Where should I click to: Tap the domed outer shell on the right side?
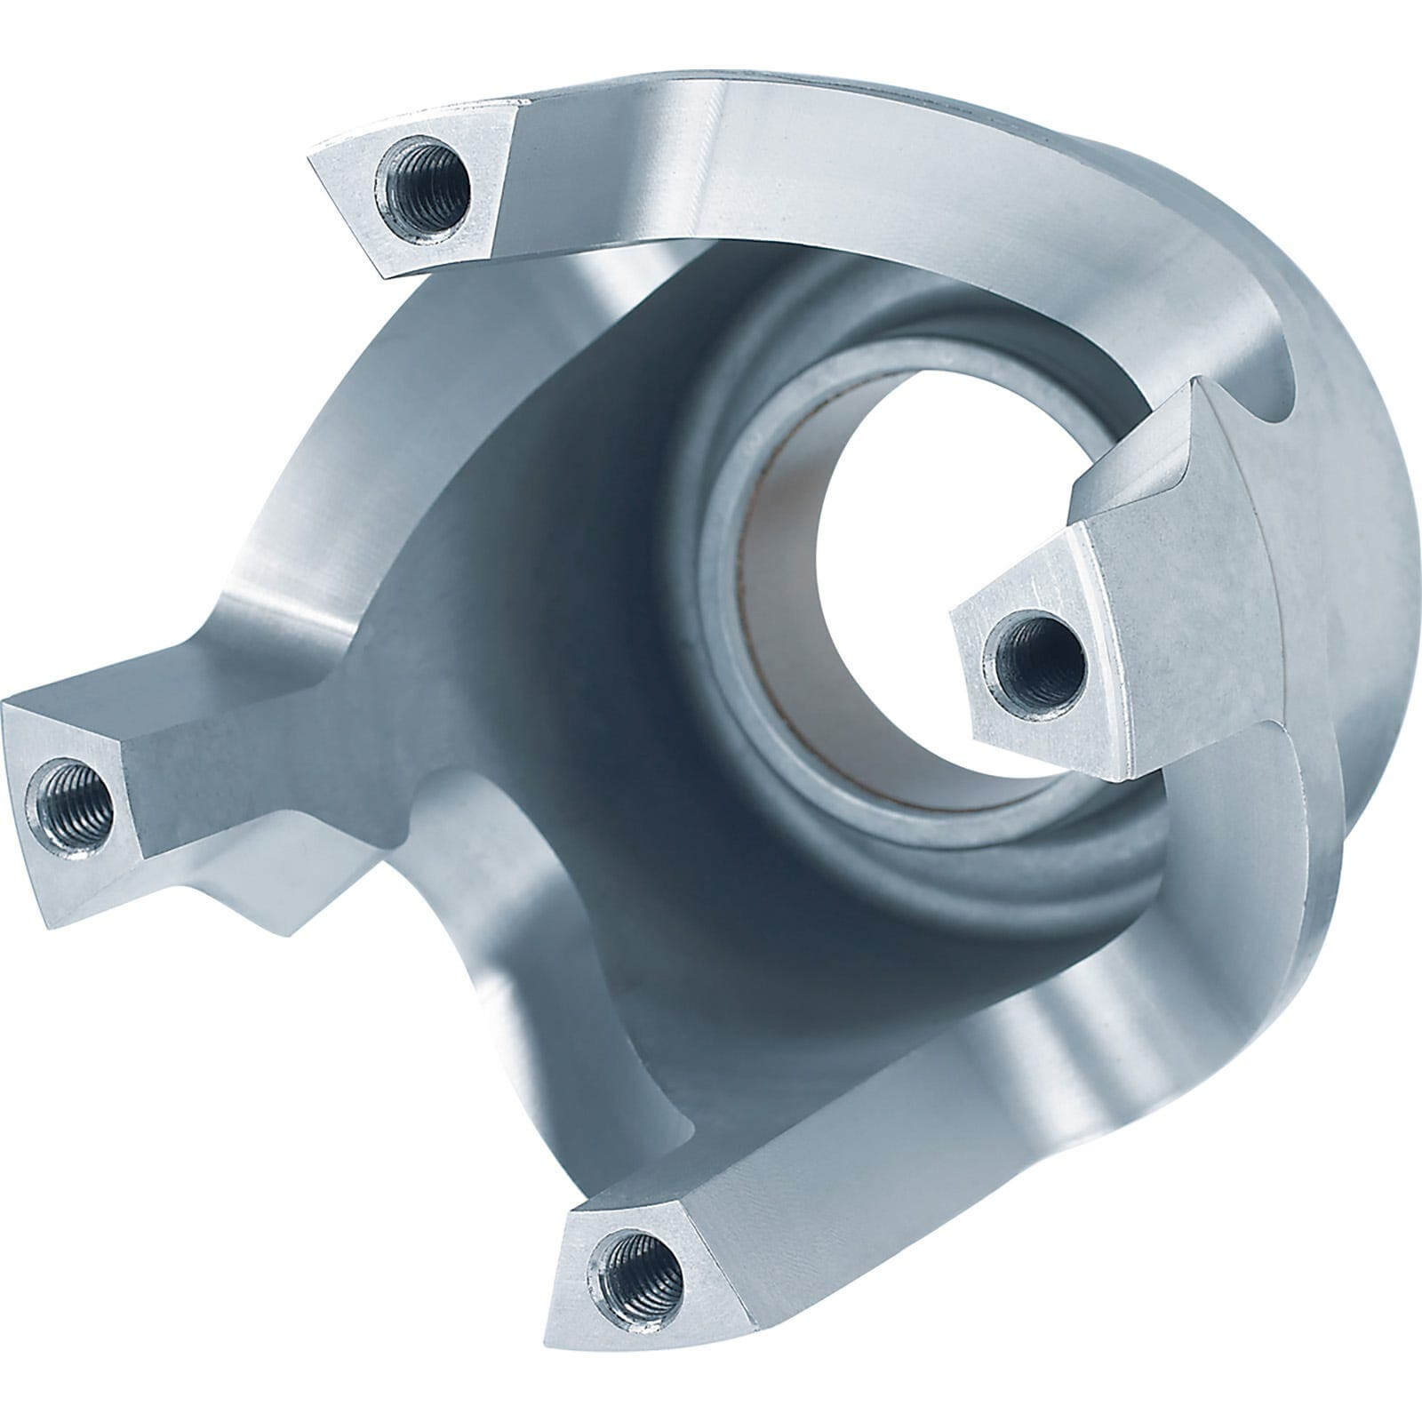(x=1333, y=578)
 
